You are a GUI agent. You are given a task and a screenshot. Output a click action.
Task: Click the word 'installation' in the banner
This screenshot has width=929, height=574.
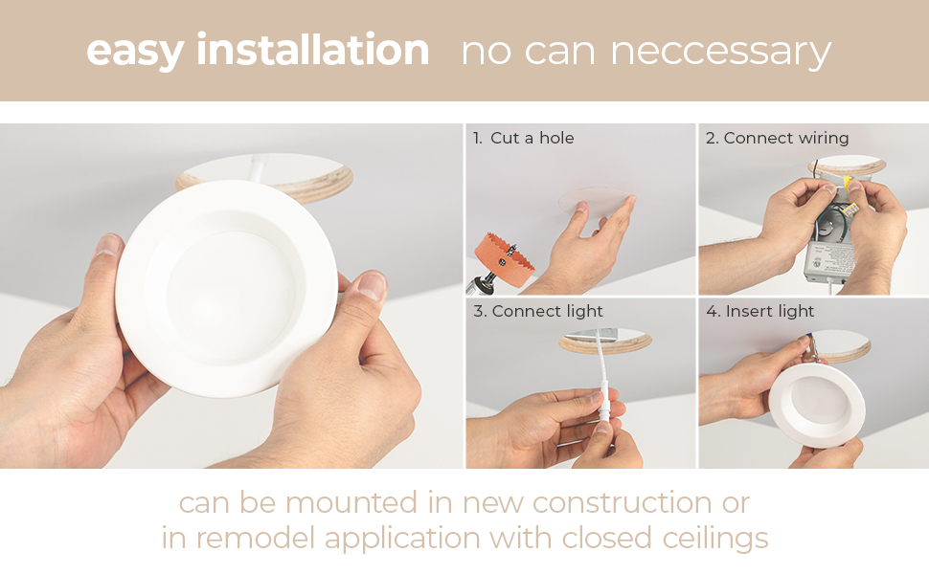pyautogui.click(x=312, y=50)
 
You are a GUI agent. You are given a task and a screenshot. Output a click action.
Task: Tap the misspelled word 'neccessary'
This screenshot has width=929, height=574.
pyautogui.click(x=720, y=52)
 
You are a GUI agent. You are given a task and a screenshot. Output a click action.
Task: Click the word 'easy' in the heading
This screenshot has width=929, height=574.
pyautogui.click(x=134, y=52)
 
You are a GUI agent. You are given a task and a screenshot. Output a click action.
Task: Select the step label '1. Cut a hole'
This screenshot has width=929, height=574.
pyautogui.click(x=523, y=138)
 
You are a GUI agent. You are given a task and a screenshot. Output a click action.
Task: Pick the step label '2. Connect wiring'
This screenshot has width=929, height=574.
pyautogui.click(x=777, y=138)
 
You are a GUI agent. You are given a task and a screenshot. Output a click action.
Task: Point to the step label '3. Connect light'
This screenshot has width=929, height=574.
pyautogui.click(x=538, y=311)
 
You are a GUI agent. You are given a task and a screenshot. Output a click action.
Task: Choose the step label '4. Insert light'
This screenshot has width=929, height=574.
pyautogui.click(x=759, y=311)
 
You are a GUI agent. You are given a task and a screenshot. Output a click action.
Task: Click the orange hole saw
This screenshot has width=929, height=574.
pyautogui.click(x=503, y=260)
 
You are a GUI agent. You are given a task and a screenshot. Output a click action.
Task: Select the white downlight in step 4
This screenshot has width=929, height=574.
pyautogui.click(x=817, y=404)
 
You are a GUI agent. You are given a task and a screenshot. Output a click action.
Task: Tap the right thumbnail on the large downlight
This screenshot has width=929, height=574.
pyautogui.click(x=372, y=285)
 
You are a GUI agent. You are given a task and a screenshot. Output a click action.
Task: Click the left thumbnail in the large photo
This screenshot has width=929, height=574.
pyautogui.click(x=108, y=244)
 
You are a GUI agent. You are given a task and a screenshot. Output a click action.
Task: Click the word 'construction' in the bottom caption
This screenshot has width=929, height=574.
pyautogui.click(x=623, y=503)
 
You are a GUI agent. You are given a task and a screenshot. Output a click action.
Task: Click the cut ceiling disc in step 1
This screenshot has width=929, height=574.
pyautogui.click(x=596, y=201)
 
